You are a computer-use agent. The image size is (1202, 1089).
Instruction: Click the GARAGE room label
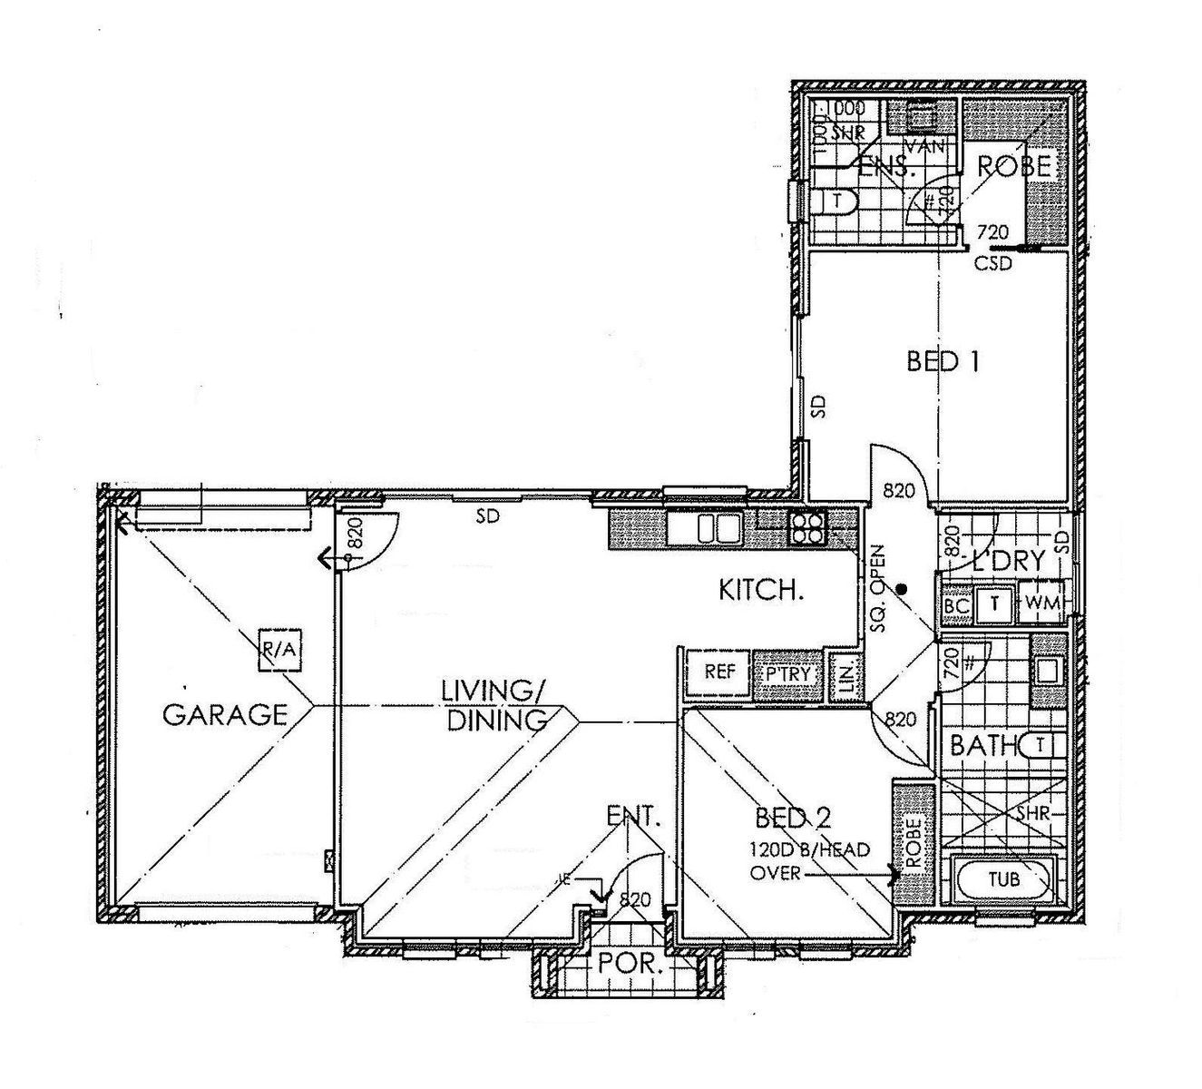pyautogui.click(x=224, y=714)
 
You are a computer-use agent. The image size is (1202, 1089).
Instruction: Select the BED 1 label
pyautogui.click(x=943, y=362)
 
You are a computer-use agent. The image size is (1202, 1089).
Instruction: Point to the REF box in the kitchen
pyautogui.click(x=718, y=673)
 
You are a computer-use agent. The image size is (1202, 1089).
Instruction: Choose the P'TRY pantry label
pyautogui.click(x=787, y=675)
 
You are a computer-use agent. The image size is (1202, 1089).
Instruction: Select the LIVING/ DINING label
pyautogui.click(x=494, y=704)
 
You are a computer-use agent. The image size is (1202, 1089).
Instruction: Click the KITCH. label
pyautogui.click(x=761, y=591)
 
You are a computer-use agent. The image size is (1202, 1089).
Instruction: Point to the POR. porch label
pyautogui.click(x=626, y=964)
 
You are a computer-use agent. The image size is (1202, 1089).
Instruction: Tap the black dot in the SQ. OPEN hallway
pyautogui.click(x=901, y=588)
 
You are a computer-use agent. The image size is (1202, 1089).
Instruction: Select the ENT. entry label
pyautogui.click(x=633, y=816)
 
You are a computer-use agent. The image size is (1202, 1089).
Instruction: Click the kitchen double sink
pyautogui.click(x=715, y=527)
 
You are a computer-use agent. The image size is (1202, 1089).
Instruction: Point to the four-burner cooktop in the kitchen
pyautogui.click(x=807, y=527)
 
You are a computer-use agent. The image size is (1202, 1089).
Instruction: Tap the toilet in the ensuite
pyautogui.click(x=835, y=201)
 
